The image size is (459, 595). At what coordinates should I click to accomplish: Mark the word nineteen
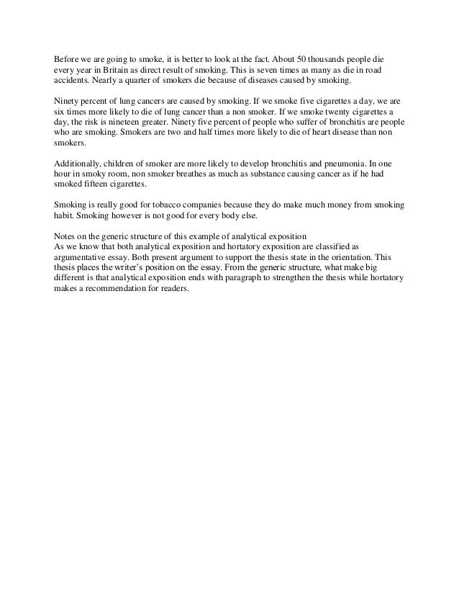[x=142, y=124]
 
